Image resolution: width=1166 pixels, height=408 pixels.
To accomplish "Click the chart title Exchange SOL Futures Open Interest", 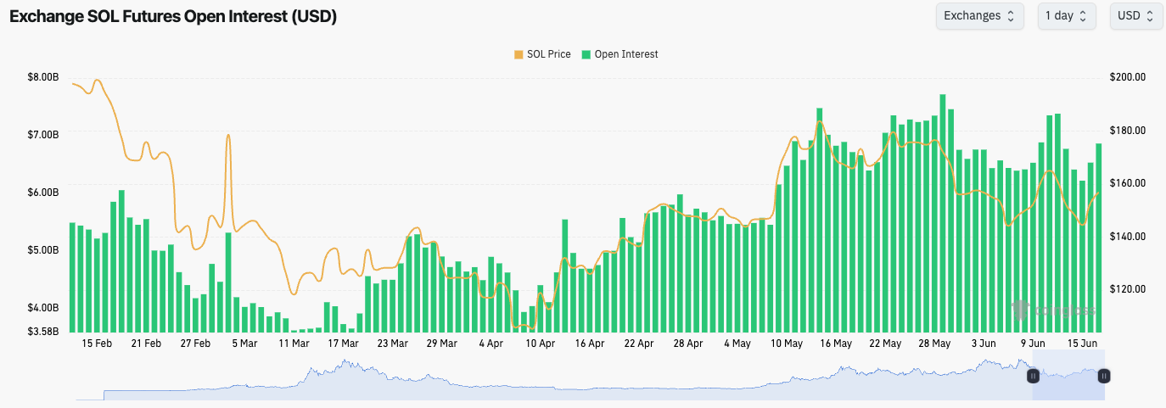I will (x=173, y=17).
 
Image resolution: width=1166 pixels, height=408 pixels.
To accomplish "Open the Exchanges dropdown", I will (x=979, y=16).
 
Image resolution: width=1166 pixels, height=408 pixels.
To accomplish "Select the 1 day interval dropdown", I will (x=1066, y=16).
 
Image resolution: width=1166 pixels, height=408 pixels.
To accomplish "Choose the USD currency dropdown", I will (x=1135, y=16).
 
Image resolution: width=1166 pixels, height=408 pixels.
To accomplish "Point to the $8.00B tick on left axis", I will (x=43, y=77).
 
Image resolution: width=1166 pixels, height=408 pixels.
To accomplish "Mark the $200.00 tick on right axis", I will (x=1128, y=77).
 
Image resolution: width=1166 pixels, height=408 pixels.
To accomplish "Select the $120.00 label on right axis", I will (x=1128, y=289).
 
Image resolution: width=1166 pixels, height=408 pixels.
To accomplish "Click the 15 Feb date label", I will (x=98, y=344).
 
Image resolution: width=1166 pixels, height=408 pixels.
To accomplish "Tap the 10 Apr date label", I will (x=540, y=344).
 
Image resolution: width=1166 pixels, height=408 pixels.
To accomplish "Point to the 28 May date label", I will (x=934, y=344).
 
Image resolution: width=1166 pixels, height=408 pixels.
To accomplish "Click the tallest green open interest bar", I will (x=943, y=212).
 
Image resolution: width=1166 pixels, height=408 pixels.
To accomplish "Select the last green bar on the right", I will (x=1099, y=238).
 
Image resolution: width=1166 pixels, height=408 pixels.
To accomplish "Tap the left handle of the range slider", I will (x=1033, y=375).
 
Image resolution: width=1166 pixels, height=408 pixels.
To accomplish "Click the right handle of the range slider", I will (x=1104, y=375).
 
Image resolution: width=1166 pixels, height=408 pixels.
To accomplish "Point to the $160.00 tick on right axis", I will (x=1128, y=183).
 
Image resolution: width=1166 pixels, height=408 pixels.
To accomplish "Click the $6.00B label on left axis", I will (x=43, y=193).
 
